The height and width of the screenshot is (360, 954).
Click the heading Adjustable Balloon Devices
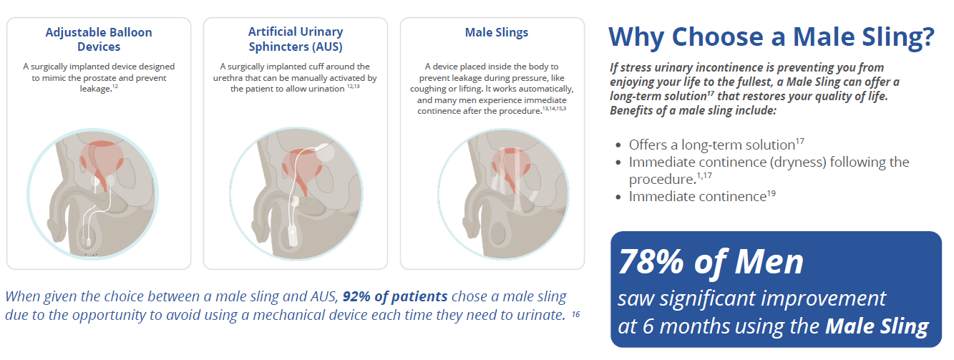tap(99, 39)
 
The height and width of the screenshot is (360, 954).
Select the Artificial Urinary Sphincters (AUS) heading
tap(296, 39)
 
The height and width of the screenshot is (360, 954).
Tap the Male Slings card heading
tap(497, 32)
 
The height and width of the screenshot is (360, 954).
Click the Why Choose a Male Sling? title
tap(772, 37)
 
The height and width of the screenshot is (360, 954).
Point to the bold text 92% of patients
tap(395, 296)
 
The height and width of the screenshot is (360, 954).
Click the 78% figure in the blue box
tap(651, 261)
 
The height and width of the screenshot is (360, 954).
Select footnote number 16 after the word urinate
tap(576, 314)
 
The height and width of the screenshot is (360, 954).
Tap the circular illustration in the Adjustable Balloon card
tap(93, 194)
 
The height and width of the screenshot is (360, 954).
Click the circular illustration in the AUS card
tap(296, 193)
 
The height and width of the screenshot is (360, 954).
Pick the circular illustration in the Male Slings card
tap(503, 194)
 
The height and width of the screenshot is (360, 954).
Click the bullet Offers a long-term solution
tap(716, 145)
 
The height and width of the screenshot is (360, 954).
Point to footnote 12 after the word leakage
tap(115, 87)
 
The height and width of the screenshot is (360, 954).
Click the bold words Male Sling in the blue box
tap(877, 326)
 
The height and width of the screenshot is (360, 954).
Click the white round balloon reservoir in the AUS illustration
tap(326, 152)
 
